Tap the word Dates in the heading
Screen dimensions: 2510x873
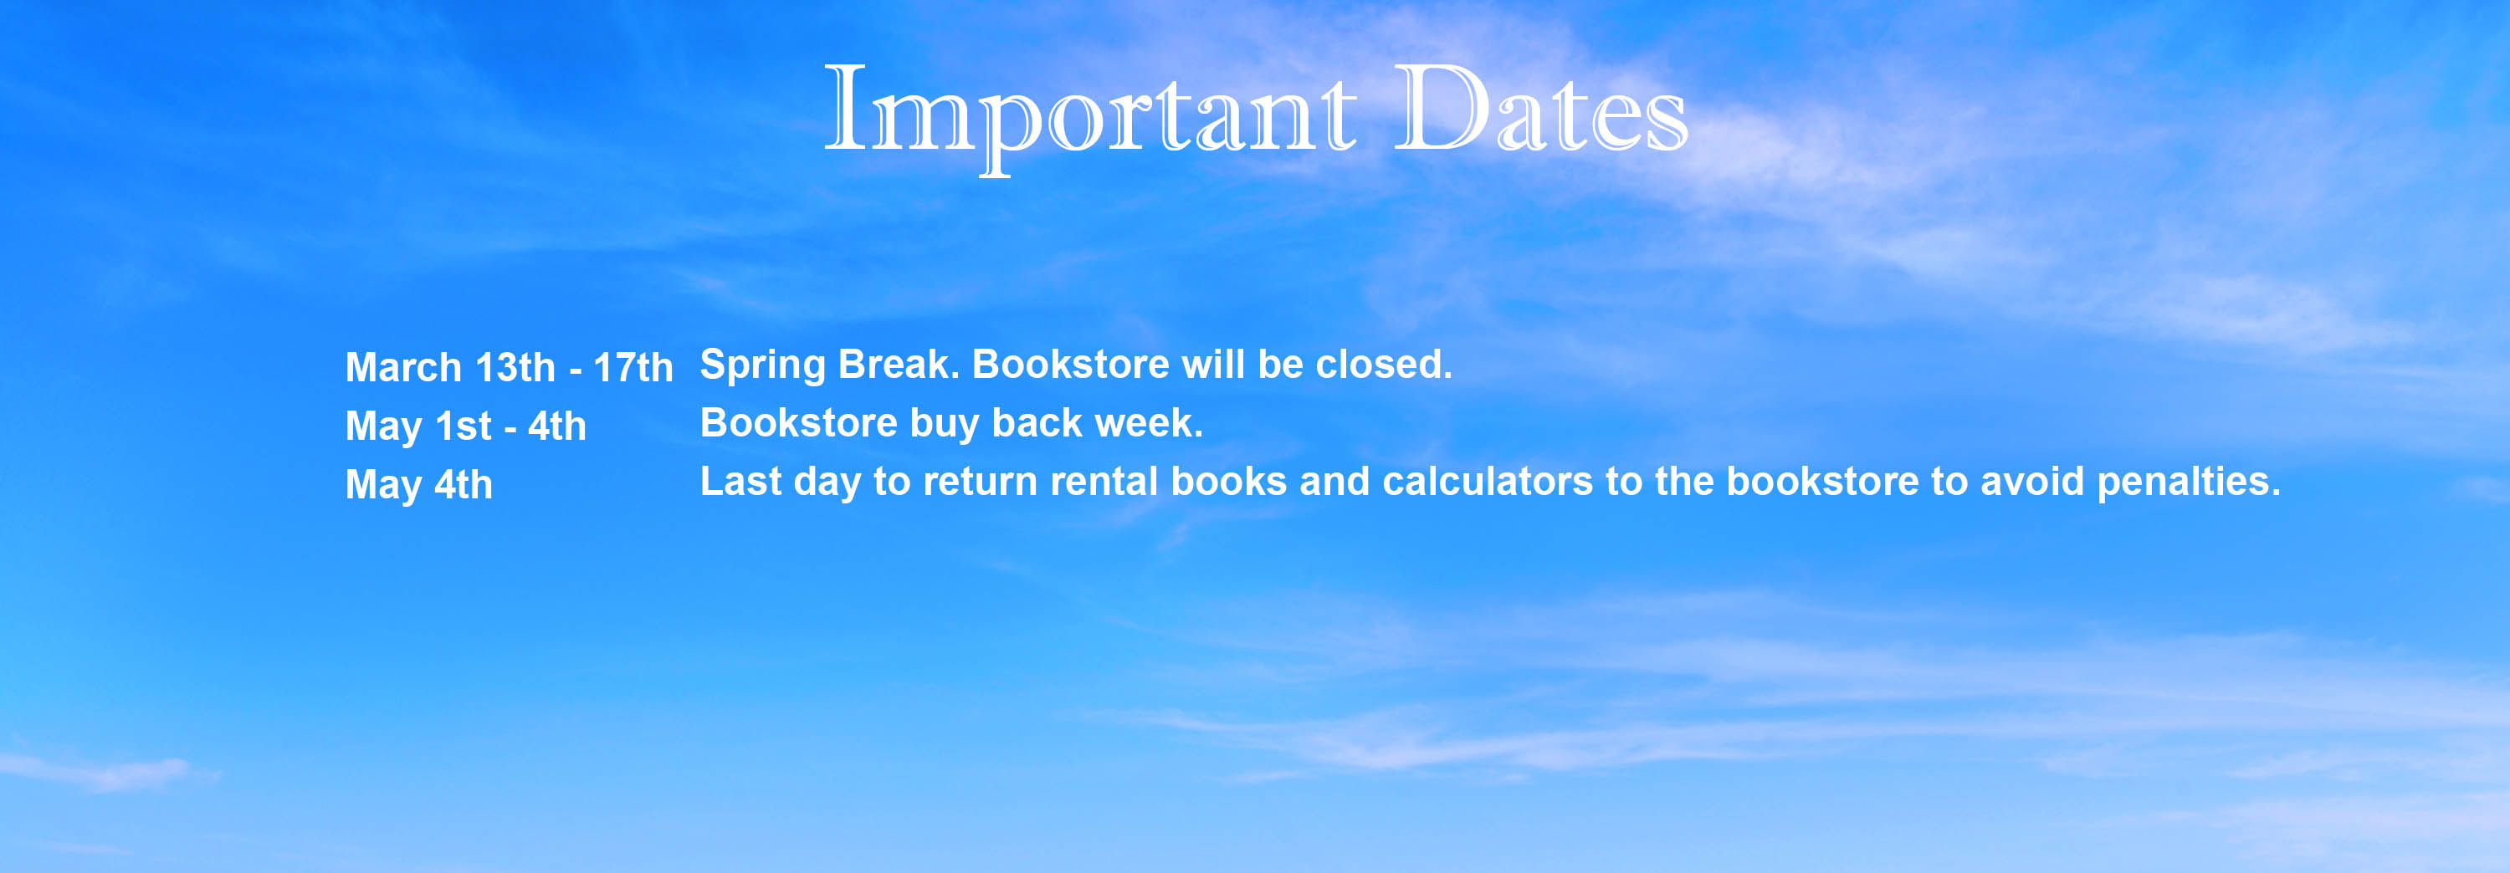pos(1540,108)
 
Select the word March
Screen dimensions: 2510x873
pos(403,367)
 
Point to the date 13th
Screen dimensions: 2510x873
pos(515,367)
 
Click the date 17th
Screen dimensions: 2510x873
pos(633,367)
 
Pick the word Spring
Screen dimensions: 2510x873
pos(763,366)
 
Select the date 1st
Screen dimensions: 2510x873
pos(463,426)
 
